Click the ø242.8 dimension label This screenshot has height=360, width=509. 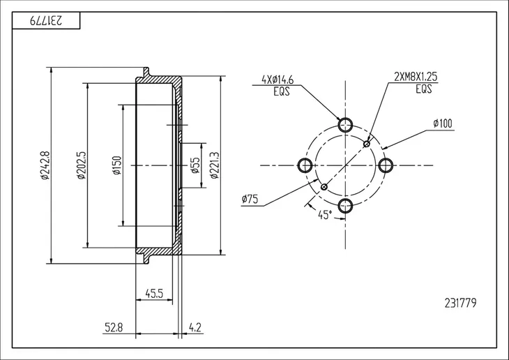click(45, 165)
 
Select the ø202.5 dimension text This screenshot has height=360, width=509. click(81, 165)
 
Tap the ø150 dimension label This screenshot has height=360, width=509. click(117, 165)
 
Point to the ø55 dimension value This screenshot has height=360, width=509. click(195, 165)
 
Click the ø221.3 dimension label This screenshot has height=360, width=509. click(215, 165)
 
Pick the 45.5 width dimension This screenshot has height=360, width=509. click(154, 294)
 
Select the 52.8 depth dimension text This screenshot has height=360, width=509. click(114, 327)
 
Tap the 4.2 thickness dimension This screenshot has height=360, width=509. click(195, 327)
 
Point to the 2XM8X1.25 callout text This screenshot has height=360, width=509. click(416, 77)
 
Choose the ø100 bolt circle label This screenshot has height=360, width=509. click(443, 123)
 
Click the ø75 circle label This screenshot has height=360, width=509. click(250, 199)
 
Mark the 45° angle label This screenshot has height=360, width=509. click(325, 215)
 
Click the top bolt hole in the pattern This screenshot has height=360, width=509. click(345, 125)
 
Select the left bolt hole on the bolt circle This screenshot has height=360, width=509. click(305, 165)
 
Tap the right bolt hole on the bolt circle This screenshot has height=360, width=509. click(386, 165)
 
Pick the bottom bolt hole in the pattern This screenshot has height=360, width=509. click(345, 205)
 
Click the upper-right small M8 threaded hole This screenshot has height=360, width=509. click(367, 144)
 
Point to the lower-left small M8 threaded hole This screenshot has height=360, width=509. click(324, 187)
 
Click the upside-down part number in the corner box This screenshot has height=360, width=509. click(46, 21)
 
